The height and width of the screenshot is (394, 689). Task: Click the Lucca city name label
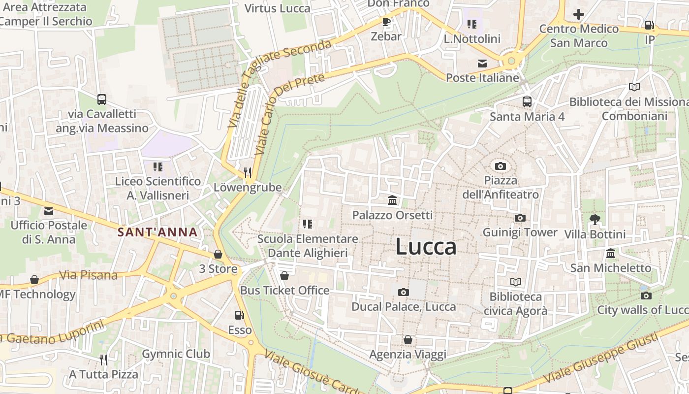tap(426, 247)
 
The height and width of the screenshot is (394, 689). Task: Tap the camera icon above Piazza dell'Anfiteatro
tap(501, 166)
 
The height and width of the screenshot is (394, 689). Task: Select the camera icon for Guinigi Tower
tap(520, 218)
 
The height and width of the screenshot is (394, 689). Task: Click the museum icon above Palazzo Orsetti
tap(392, 200)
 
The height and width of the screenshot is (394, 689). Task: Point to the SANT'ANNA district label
tap(157, 232)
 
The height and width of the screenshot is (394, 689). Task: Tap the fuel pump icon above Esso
tap(240, 315)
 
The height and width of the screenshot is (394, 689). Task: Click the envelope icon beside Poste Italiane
tap(482, 63)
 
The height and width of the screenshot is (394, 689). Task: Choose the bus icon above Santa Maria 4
tap(527, 102)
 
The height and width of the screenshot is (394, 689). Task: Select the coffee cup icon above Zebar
tap(386, 22)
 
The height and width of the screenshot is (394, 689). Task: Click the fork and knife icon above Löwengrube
tap(248, 172)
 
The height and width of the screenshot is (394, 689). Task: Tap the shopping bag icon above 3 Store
tap(218, 254)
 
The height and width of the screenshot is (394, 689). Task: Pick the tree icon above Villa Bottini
tap(595, 220)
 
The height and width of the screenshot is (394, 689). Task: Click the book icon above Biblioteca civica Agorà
tap(515, 282)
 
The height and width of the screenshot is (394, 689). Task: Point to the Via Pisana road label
tap(88, 275)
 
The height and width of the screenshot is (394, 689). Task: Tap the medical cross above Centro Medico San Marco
tap(579, 14)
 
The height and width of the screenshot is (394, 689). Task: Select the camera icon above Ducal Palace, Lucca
tap(403, 293)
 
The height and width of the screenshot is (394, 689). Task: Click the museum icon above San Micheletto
tap(610, 254)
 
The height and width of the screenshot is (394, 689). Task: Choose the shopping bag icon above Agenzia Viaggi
tap(407, 340)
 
